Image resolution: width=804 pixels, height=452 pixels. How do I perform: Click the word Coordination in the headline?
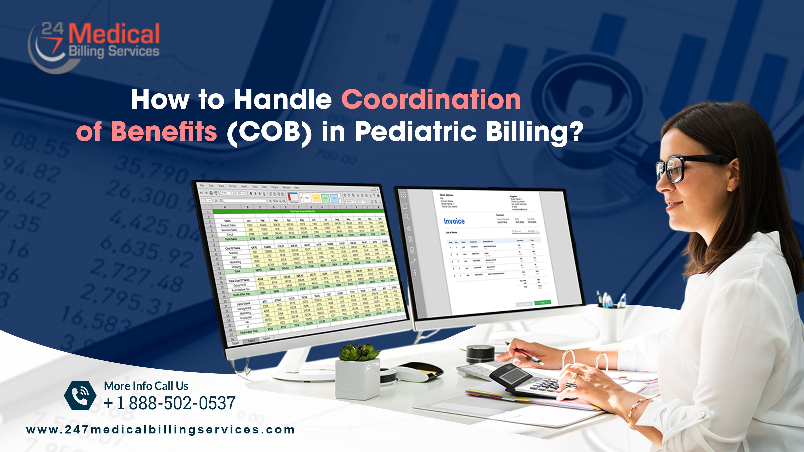coord(431,100)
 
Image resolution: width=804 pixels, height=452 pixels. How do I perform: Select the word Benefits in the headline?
coord(164,131)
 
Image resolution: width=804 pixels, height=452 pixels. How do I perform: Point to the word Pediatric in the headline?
coord(415,131)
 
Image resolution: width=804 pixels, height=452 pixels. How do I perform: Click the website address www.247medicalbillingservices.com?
coord(161,430)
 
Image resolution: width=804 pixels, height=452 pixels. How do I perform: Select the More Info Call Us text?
coord(146,386)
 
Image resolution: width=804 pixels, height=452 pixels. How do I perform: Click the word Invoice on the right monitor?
coord(454,221)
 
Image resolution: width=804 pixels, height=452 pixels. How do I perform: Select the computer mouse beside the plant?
coord(418,371)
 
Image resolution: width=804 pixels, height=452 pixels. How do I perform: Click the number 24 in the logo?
coord(52,29)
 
